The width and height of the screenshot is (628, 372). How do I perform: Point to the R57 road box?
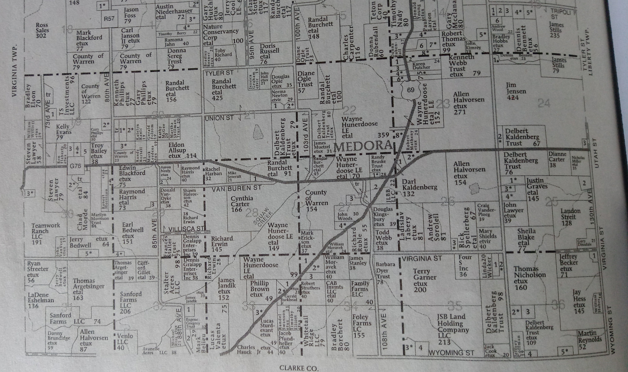coord(109,18)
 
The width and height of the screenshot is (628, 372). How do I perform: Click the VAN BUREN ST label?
coord(236,188)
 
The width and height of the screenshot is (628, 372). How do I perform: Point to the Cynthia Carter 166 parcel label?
coord(242,204)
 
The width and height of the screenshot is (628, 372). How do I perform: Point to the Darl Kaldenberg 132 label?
coord(420,187)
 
